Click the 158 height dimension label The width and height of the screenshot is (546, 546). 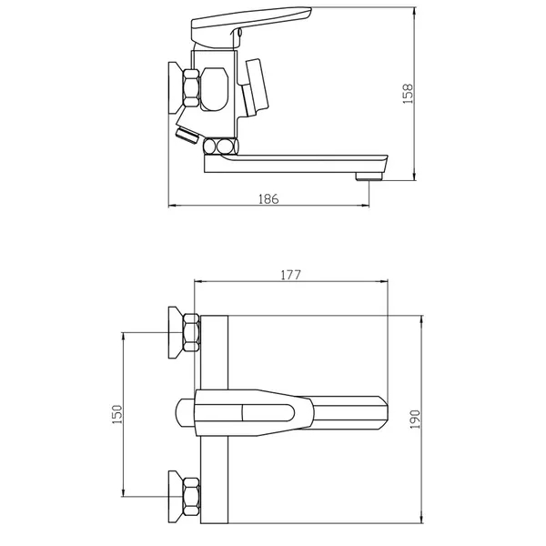(408, 94)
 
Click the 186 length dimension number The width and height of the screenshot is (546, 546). (268, 198)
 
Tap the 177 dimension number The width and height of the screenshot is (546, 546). (290, 275)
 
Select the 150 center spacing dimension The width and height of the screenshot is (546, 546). (117, 414)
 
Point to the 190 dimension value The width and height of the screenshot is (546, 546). (415, 419)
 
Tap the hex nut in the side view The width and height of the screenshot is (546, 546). (191, 87)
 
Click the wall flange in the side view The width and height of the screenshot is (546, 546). (175, 88)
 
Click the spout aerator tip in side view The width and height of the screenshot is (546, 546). (369, 177)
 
